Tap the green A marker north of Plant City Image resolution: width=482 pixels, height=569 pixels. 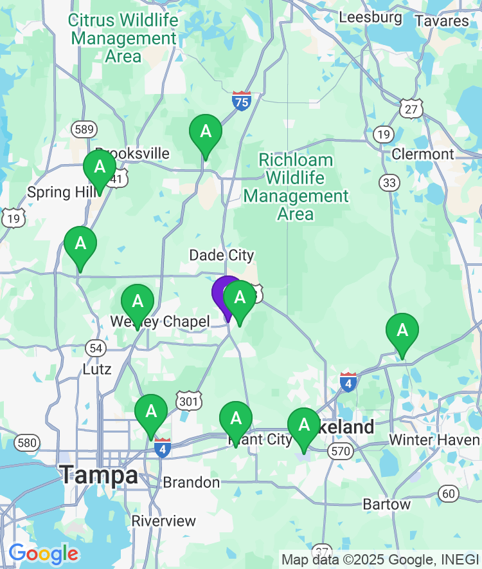pos(236,419)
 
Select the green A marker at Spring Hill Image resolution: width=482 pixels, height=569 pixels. pos(100,168)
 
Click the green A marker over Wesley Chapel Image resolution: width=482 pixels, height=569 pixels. pos(138,302)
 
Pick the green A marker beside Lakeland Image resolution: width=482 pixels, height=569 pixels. pos(304,425)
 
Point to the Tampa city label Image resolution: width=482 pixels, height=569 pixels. pos(99,476)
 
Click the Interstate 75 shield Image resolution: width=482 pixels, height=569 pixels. pos(242,101)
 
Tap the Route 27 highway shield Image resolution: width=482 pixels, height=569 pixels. pos(411,108)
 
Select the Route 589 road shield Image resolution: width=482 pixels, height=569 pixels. pos(84,129)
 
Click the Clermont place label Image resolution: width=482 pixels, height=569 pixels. pos(423,154)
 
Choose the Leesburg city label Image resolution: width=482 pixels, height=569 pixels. pos(370,17)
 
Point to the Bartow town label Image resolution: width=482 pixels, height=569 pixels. pos(386,504)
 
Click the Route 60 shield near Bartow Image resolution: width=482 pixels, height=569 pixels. pos(449,494)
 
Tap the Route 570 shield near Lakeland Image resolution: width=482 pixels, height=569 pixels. pos(340,451)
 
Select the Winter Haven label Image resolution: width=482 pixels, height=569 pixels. pos(434,440)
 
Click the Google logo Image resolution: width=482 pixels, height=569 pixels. pos(43,553)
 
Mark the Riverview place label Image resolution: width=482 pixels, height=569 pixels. pos(164,521)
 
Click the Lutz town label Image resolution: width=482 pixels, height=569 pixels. pos(97,369)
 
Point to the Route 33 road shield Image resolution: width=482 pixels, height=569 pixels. pos(389,183)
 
